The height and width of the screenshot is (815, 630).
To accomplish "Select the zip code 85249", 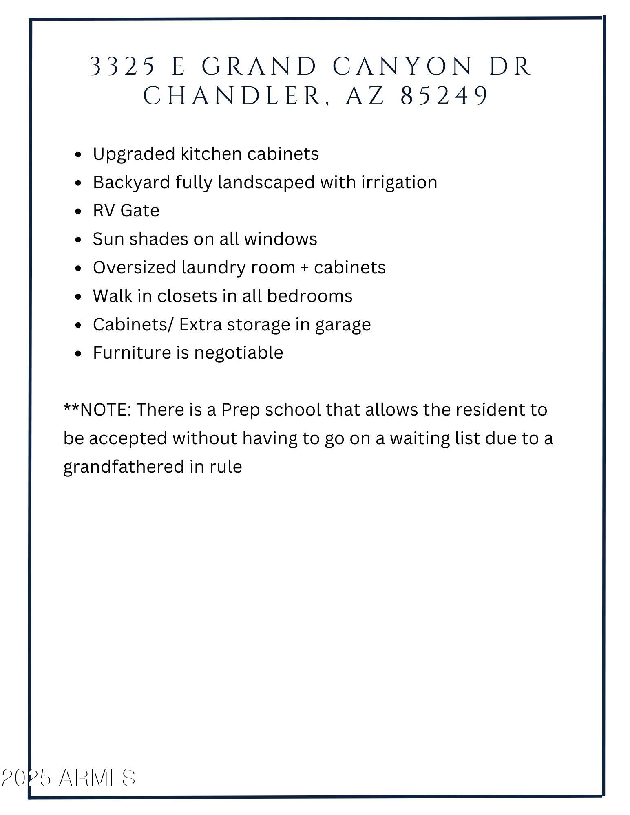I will click(x=444, y=96).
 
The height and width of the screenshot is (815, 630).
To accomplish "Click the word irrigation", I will click(x=399, y=182).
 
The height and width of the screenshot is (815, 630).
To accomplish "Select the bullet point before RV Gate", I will click(x=79, y=211).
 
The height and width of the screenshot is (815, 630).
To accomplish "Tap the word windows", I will click(x=281, y=239).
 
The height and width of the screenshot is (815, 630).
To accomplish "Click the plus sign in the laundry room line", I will click(x=304, y=268).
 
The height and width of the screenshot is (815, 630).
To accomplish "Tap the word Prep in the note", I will click(x=241, y=410).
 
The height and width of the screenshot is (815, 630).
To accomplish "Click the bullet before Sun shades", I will click(x=79, y=240).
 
